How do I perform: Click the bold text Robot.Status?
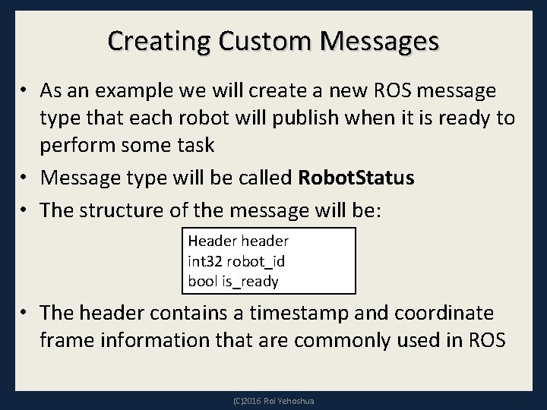click(357, 178)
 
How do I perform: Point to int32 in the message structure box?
click(204, 261)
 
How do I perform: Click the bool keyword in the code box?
click(202, 281)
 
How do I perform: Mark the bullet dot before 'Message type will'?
click(24, 179)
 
